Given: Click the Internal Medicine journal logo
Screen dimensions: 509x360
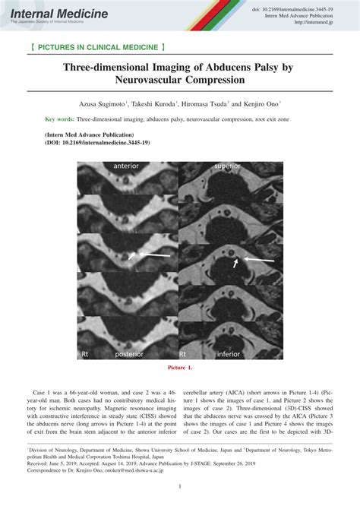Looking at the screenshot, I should click(49, 14).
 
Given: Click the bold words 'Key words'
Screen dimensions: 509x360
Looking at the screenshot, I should click(59, 119).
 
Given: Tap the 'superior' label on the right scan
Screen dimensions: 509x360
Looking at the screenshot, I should click(230, 165).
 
